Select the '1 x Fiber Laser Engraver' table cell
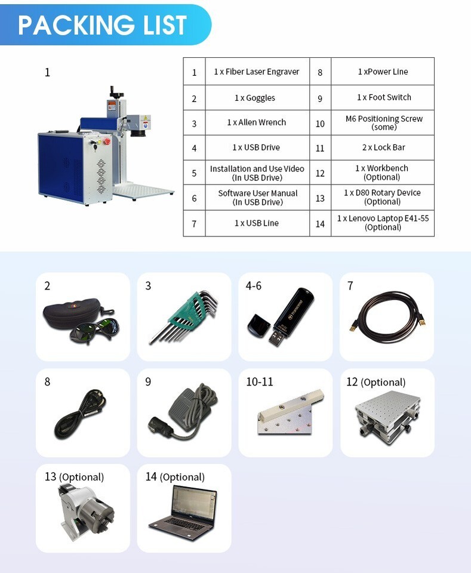257,72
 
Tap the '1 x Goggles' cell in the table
257,98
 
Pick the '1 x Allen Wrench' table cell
257,122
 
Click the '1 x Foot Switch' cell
383,97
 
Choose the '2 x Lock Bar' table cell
383,147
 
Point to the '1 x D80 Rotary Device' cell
383,197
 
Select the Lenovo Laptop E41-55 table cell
383,223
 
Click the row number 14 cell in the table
320,224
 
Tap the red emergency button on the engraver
107,142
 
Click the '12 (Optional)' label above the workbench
375,382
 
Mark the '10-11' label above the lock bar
260,381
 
